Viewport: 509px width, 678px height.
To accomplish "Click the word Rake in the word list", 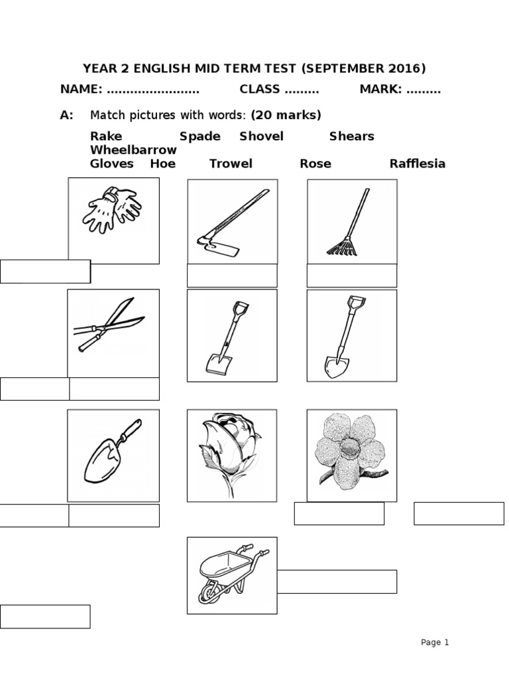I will pos(106,136).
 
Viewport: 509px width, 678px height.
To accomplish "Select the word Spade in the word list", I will pos(200,136).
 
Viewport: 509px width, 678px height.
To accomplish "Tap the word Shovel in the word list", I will pos(261,136).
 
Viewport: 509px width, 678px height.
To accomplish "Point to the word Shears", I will pos(351,136).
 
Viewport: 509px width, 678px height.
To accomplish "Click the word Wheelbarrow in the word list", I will pos(133,150).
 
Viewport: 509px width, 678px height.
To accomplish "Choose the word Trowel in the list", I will pos(231,164).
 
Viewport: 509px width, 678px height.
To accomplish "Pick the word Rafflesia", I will pos(418,164).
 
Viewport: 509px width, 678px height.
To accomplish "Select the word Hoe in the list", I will pos(162,164).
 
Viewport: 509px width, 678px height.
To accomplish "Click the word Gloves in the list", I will pos(111,164).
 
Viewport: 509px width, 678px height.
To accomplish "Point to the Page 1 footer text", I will pos(435,642).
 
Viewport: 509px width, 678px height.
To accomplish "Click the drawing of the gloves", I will pos(113,207).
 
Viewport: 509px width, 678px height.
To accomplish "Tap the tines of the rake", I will pos(340,249).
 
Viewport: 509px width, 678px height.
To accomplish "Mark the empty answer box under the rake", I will pos(351,275).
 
